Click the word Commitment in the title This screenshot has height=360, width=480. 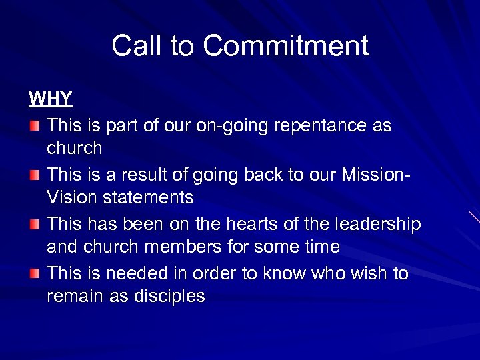(285, 46)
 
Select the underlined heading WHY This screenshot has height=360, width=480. (50, 99)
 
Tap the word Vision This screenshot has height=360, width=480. (71, 197)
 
